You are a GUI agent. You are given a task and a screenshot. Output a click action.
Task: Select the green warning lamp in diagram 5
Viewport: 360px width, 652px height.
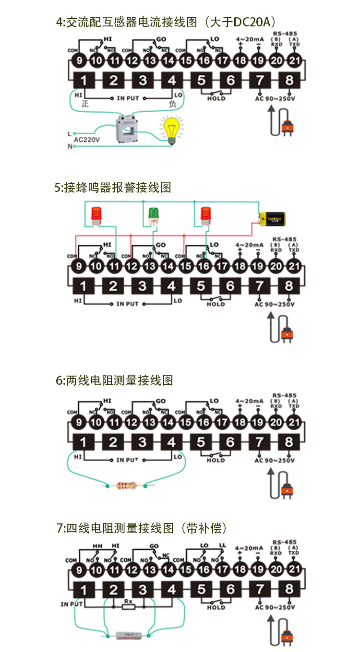point(154,215)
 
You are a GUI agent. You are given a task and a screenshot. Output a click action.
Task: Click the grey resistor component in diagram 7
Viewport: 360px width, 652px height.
point(127,636)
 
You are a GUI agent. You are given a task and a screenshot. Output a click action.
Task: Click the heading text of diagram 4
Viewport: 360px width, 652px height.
point(166,22)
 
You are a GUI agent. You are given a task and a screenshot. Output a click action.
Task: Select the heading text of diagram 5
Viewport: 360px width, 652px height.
point(113,188)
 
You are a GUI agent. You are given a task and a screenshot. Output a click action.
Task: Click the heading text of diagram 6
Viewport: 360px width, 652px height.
point(114,380)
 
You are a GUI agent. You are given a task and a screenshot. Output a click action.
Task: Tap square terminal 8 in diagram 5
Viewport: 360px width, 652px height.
point(289,286)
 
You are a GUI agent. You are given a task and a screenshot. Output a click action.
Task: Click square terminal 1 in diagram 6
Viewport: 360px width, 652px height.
point(84,441)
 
